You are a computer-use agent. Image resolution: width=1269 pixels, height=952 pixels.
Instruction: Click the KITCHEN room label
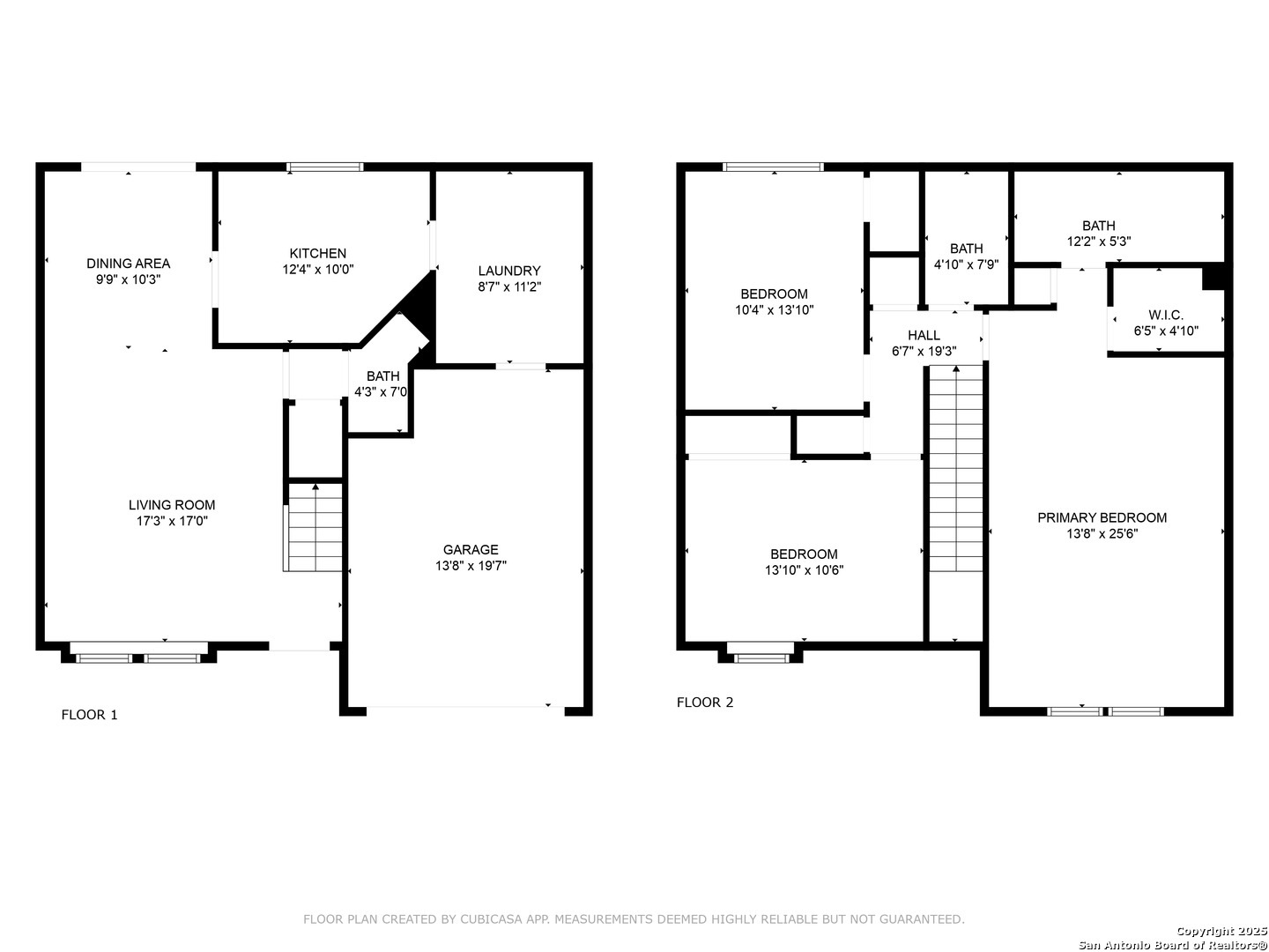pyautogui.click(x=317, y=253)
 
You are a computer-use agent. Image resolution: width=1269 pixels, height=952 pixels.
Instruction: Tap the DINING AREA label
pyautogui.click(x=129, y=264)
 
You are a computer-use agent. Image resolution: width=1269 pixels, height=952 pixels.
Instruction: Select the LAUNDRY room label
pyautogui.click(x=509, y=271)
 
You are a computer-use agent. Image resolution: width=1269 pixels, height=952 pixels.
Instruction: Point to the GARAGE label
pyautogui.click(x=471, y=550)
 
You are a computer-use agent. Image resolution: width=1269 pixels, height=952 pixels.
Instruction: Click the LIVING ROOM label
pyautogui.click(x=172, y=505)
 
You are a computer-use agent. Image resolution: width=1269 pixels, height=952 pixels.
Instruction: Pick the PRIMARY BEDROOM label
pyautogui.click(x=1102, y=518)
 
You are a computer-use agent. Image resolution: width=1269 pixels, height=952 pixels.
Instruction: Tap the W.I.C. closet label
pyautogui.click(x=1166, y=315)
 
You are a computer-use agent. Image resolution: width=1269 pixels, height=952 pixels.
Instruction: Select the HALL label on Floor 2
pyautogui.click(x=924, y=335)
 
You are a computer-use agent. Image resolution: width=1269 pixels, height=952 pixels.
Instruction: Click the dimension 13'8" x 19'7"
pyautogui.click(x=471, y=566)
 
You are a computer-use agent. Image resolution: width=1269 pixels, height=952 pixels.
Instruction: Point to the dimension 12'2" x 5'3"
pyautogui.click(x=1099, y=242)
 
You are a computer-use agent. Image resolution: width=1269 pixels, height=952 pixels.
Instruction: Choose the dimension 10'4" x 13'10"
pyautogui.click(x=774, y=309)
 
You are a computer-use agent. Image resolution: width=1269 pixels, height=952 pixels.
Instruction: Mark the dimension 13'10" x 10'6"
pyautogui.click(x=805, y=570)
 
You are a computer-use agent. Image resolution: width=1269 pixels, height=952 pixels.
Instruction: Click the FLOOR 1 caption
pyautogui.click(x=90, y=715)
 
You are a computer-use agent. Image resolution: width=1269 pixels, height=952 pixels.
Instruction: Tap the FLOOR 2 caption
pyautogui.click(x=705, y=703)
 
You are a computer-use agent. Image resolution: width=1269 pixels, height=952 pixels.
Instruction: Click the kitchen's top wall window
pyautogui.click(x=325, y=167)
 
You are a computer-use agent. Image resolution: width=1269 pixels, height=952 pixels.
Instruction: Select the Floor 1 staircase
pyautogui.click(x=313, y=528)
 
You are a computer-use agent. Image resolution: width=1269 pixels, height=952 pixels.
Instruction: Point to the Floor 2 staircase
pyautogui.click(x=955, y=468)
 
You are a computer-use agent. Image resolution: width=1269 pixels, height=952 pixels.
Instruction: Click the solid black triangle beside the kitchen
pyautogui.click(x=420, y=308)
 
